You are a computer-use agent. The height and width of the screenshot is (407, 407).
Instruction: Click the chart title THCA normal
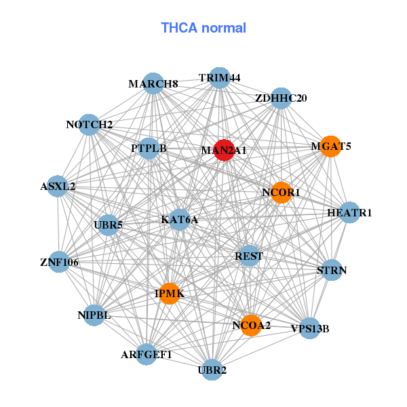click(x=203, y=28)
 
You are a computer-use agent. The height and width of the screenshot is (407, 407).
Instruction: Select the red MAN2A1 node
click(x=224, y=151)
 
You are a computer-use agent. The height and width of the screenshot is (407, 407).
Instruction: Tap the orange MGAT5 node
click(x=330, y=147)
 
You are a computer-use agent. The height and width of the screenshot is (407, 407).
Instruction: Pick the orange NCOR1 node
click(x=281, y=193)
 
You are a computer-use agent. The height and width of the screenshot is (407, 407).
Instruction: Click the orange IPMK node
click(x=169, y=293)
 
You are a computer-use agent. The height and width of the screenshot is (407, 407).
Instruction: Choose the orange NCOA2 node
click(x=251, y=326)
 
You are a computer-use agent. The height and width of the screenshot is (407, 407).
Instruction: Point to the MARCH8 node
click(x=153, y=83)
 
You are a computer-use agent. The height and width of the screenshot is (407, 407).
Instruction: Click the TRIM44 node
click(x=219, y=78)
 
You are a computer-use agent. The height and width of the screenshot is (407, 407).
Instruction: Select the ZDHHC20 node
click(x=281, y=98)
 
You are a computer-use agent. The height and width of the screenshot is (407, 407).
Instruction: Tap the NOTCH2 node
click(x=90, y=125)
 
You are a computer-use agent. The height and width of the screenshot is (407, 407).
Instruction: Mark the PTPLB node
click(x=149, y=148)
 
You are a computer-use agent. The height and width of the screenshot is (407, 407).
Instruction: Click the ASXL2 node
click(x=58, y=186)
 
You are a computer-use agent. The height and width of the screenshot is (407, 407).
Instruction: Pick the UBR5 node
click(x=109, y=225)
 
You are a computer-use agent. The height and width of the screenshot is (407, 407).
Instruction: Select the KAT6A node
click(x=179, y=220)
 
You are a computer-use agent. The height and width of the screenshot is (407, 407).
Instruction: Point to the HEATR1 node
click(x=349, y=213)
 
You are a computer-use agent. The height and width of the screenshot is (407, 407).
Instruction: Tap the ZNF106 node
click(x=60, y=261)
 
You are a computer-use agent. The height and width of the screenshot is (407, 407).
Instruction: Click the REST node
click(x=249, y=256)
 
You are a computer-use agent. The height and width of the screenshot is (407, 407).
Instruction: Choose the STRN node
click(x=332, y=270)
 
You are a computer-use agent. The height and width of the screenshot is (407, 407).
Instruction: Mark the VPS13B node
click(x=309, y=329)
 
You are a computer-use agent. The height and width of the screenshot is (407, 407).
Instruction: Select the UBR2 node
click(x=212, y=370)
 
